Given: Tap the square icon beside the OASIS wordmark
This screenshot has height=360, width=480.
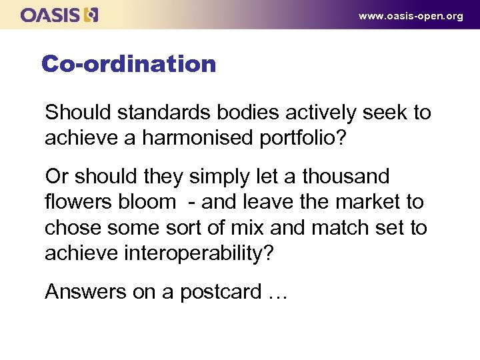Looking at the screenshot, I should point(91,15).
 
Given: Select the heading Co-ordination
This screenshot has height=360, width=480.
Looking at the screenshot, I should point(129,64).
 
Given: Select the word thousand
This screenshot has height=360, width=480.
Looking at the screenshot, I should point(345,177).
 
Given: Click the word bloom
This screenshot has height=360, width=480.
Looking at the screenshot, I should point(151,202).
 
